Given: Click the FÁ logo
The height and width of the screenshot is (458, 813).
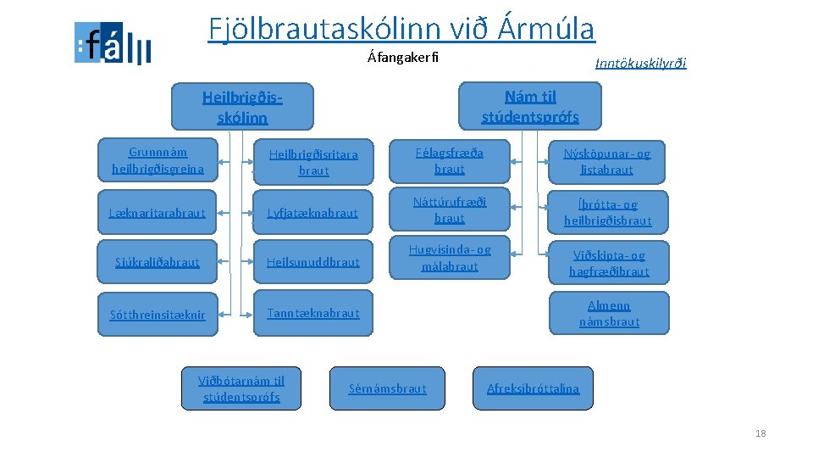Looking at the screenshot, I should point(113,43).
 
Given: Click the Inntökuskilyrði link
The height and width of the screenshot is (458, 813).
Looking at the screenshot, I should point(640,63).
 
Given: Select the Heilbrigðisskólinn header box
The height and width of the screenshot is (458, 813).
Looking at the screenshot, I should point(242,107).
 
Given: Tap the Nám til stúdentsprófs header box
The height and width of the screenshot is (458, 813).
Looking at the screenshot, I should point(530,106).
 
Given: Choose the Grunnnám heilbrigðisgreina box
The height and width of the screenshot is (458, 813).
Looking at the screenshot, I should point(158,160).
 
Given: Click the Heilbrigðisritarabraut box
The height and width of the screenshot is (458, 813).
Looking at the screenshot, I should point(313,162).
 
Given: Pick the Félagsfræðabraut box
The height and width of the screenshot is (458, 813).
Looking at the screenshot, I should point(449,160).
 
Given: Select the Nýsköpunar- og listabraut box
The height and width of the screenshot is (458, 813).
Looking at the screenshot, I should point(608,161).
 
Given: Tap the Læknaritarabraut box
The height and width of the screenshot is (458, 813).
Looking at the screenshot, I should point(158,213).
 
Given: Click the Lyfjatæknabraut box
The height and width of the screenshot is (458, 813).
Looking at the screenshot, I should point(313,213).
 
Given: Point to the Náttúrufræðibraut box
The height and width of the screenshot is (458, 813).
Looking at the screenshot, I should point(449,210).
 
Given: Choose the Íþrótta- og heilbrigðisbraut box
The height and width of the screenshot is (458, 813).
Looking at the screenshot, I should point(608,212).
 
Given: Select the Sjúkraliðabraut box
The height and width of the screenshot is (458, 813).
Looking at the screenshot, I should point(158,262).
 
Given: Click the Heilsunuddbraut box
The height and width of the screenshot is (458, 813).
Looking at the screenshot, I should point(313,262).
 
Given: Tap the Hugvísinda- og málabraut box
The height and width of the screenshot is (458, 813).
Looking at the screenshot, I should point(449,258).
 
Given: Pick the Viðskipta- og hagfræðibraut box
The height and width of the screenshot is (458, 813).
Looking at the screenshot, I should point(608,263).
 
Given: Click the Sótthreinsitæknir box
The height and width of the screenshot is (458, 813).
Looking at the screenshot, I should point(158,315).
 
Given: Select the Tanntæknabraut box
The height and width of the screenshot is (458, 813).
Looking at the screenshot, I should point(313,313).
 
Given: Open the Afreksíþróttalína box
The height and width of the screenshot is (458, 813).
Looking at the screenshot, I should point(533,388).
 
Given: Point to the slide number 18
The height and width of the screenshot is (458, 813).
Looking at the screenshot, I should point(760,433).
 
